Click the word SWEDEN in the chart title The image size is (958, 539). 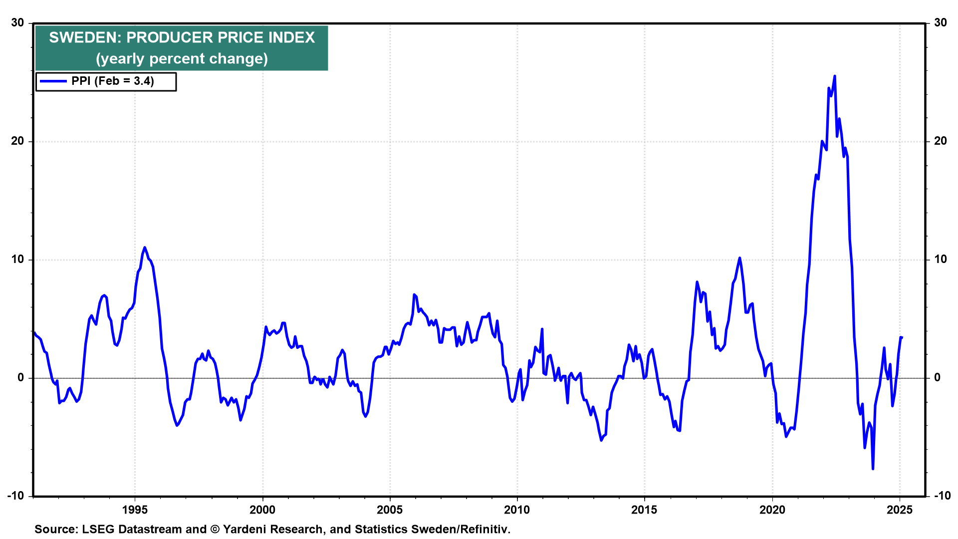point(82,37)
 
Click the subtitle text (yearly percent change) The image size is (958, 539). point(182,59)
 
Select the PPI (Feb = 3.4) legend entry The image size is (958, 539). point(106,81)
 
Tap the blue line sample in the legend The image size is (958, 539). point(53,81)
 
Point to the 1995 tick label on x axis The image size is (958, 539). point(135,510)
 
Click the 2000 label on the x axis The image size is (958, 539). point(262,510)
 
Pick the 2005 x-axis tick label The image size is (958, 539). point(390,510)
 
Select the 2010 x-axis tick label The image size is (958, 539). point(517,510)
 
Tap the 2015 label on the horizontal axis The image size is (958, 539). point(644,510)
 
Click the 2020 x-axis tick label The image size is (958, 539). point(772,510)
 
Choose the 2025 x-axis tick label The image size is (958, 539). point(900,510)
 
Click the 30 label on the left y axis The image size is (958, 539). point(17,22)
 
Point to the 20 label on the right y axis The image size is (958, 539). point(941,141)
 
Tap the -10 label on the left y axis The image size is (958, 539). point(15,496)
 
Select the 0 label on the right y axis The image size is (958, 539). point(938,377)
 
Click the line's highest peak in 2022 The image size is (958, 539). point(835,76)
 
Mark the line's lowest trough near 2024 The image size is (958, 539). point(873,469)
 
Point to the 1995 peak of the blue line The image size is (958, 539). point(145,247)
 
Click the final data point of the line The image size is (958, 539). point(902,337)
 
